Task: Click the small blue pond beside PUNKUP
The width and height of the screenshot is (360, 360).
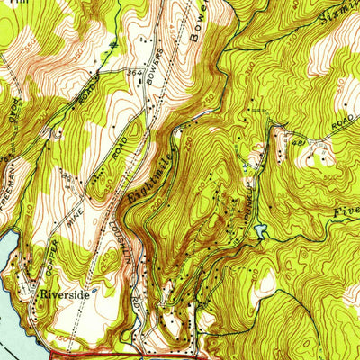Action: click(260, 233)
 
